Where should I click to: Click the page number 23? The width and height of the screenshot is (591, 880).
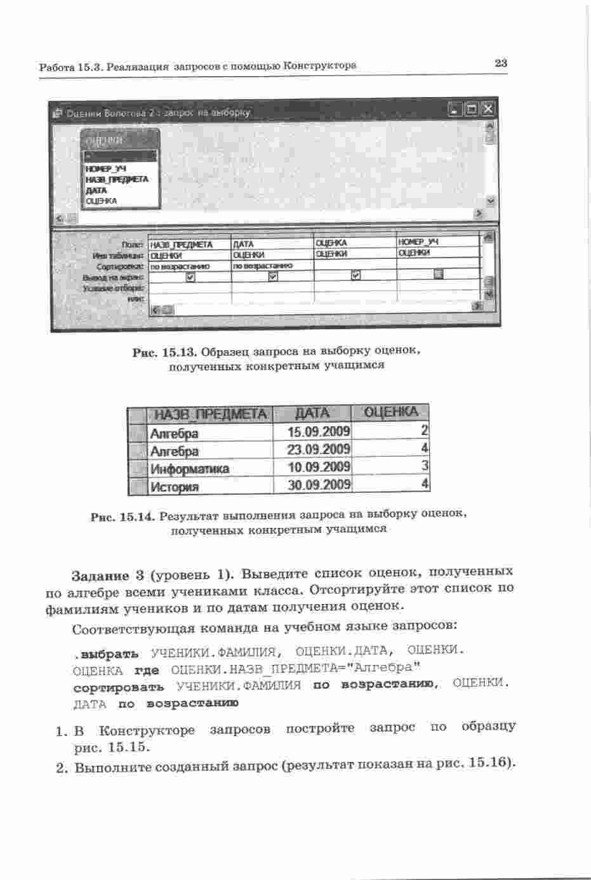[500, 63]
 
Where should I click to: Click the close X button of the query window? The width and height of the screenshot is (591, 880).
[487, 110]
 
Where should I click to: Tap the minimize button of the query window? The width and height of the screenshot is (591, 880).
[455, 110]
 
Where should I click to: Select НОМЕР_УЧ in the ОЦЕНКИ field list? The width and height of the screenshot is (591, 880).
[105, 169]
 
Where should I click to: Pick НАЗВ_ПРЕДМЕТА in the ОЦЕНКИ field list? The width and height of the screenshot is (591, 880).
[116, 180]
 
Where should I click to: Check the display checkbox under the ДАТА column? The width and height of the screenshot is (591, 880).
[273, 276]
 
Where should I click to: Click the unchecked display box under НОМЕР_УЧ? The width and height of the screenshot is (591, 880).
[438, 274]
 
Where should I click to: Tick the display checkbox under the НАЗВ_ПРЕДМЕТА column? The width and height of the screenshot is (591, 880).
[190, 277]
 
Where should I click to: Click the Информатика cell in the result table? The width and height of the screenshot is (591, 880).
[189, 469]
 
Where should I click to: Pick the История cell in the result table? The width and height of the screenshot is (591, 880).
[175, 487]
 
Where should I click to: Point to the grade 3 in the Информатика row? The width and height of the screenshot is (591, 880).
[425, 466]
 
